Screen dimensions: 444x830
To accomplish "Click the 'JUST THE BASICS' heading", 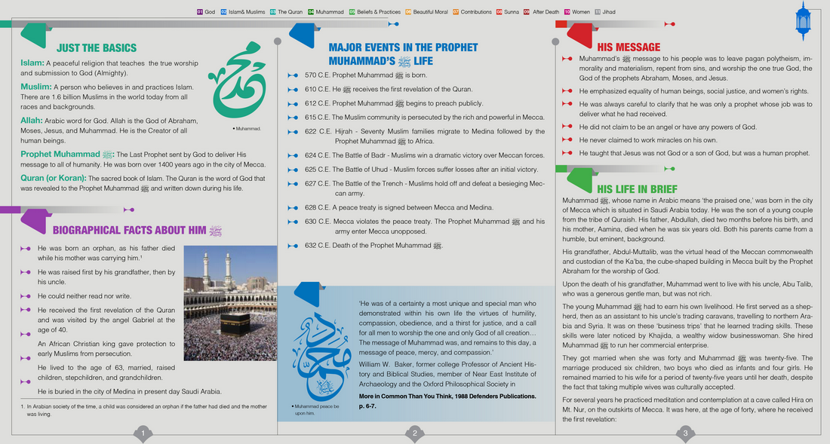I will point(96,47).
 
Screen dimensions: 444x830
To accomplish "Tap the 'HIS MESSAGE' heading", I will point(629,47).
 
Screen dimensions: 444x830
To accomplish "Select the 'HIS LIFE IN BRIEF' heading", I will point(637,188).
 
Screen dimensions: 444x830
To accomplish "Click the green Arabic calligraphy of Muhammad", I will point(238,84).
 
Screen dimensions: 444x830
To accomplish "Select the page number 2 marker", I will point(414,433).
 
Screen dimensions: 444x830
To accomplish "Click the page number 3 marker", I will point(685,433).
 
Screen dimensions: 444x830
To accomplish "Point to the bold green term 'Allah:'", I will point(32,120).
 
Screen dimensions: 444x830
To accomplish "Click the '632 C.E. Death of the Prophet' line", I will point(373,246).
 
